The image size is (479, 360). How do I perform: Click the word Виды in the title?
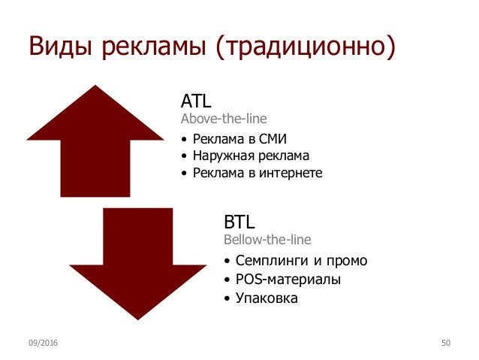tap(60, 46)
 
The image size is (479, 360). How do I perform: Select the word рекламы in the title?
tap(154, 47)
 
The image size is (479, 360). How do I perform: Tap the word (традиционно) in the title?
tap(306, 47)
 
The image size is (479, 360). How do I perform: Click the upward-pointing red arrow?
tap(95, 141)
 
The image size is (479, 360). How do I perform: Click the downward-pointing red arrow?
tap(138, 264)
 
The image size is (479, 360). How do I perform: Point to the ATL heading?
tap(196, 101)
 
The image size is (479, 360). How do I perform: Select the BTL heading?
tap(239, 222)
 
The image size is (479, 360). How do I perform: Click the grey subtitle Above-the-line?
tap(224, 119)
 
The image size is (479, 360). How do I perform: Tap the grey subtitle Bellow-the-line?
tap(267, 240)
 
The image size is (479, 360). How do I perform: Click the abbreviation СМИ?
tap(273, 139)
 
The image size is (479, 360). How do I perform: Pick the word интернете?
tap(291, 173)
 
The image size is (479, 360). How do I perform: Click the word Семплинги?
tap(272, 262)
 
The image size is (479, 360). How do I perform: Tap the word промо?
tap(347, 262)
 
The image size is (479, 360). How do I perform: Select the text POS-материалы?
tap(288, 280)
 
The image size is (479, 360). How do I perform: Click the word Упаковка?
tap(267, 298)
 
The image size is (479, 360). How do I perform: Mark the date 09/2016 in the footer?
tap(43, 343)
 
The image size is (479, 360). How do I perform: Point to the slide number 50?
tap(446, 343)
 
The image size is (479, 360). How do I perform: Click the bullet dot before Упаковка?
tap(227, 298)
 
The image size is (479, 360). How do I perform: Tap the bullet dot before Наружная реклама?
tap(184, 156)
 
